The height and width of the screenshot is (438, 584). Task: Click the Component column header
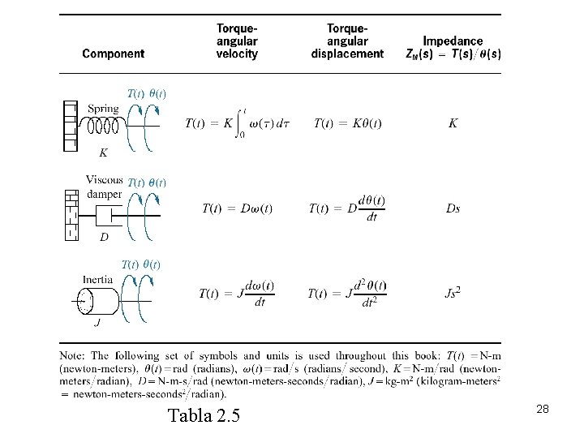114,54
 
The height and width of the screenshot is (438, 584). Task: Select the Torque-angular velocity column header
237,41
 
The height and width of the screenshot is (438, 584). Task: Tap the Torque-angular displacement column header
347,41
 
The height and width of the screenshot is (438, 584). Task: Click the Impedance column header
453,47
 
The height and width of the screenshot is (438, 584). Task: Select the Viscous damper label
104,187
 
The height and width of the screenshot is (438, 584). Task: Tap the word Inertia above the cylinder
97,279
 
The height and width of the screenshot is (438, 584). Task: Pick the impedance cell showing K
453,123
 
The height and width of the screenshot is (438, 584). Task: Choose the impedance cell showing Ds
453,208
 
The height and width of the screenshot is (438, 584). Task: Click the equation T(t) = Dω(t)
237,208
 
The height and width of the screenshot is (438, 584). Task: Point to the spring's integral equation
237,123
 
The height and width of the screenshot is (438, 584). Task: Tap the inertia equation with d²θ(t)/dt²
347,294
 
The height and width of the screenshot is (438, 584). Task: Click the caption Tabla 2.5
204,418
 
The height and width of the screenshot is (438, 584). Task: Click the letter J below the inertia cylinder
97,323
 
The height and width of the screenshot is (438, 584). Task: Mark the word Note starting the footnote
72,355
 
